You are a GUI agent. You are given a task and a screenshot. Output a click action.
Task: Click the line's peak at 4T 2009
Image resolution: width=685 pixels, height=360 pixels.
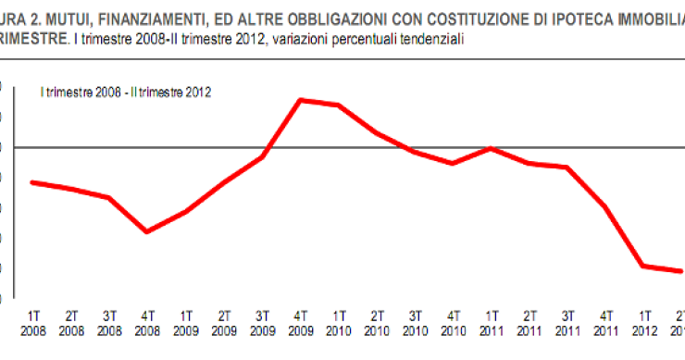[x=301, y=99]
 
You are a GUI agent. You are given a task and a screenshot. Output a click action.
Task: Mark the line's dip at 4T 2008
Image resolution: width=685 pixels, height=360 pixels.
[x=147, y=231]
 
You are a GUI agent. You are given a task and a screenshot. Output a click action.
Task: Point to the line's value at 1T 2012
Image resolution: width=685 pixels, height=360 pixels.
[x=642, y=266]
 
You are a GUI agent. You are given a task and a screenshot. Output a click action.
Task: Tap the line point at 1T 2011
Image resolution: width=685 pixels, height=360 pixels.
[x=491, y=148]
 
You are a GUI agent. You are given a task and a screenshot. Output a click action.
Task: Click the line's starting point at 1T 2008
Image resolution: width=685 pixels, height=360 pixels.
[x=33, y=182]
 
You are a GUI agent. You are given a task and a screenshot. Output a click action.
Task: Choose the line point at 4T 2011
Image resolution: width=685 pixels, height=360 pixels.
[x=604, y=206]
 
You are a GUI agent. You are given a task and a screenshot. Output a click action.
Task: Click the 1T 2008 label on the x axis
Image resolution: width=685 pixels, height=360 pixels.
[x=33, y=323]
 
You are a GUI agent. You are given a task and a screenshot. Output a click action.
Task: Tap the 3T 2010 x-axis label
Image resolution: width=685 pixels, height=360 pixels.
[x=415, y=323]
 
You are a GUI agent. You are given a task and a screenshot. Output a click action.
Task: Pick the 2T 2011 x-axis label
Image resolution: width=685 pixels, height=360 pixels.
[x=529, y=323]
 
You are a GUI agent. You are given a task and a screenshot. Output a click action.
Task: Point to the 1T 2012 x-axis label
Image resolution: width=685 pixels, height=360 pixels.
[x=642, y=323]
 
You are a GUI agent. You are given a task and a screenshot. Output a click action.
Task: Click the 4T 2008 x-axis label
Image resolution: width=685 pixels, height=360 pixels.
[x=147, y=323]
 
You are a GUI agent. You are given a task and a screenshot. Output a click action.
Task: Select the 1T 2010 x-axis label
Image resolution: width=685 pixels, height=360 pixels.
[x=338, y=323]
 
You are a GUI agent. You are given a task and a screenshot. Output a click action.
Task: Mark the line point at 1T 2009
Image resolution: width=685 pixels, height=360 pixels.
[x=186, y=212]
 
